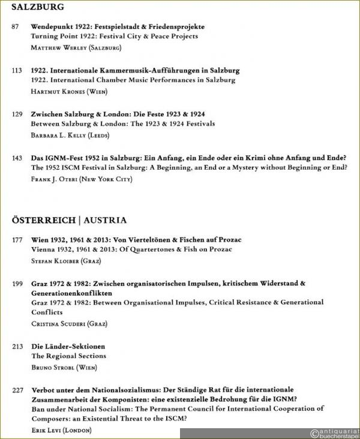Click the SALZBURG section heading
(38, 8)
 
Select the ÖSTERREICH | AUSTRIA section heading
(69, 221)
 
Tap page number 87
(16, 27)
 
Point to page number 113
(17, 71)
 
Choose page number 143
(17, 158)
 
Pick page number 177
(17, 240)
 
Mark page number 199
(17, 283)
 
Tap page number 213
(17, 347)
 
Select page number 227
(17, 390)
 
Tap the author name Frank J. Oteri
(82, 179)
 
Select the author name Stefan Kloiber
(66, 261)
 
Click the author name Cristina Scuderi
(68, 323)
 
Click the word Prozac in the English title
(217, 249)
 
